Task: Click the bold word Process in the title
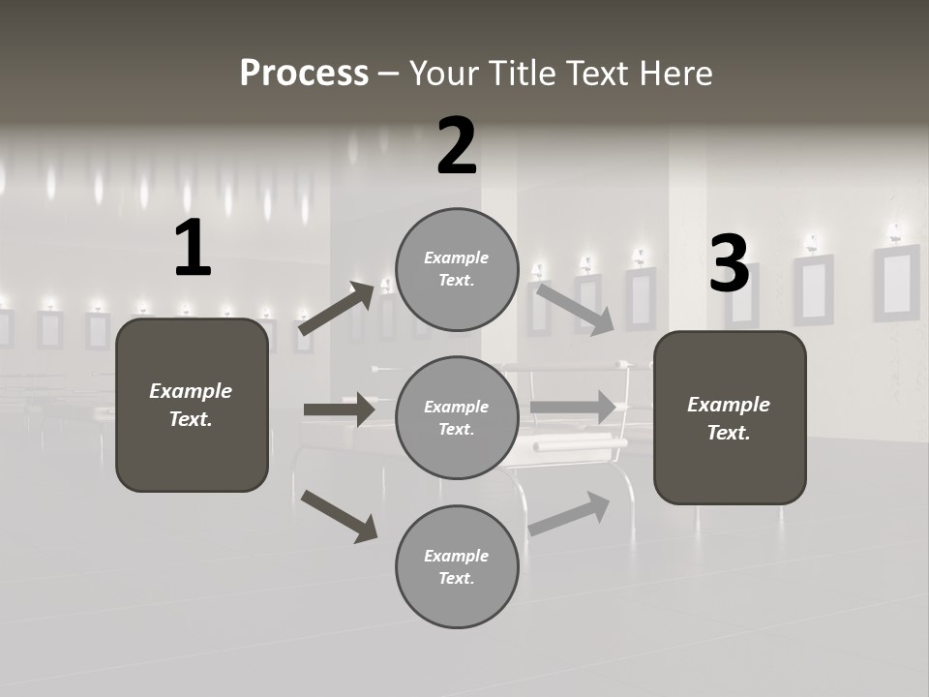pos(304,73)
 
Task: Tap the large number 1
pos(193,249)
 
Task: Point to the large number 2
pos(457,146)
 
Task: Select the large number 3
pos(729,263)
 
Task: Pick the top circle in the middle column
pos(457,269)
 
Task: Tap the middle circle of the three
pos(457,417)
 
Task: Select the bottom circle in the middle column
pos(457,566)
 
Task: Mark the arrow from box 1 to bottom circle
pos(339,516)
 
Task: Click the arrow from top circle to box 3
pos(575,310)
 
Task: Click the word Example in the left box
pos(191,391)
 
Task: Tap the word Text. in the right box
pos(729,433)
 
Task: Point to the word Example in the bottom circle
pos(457,556)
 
